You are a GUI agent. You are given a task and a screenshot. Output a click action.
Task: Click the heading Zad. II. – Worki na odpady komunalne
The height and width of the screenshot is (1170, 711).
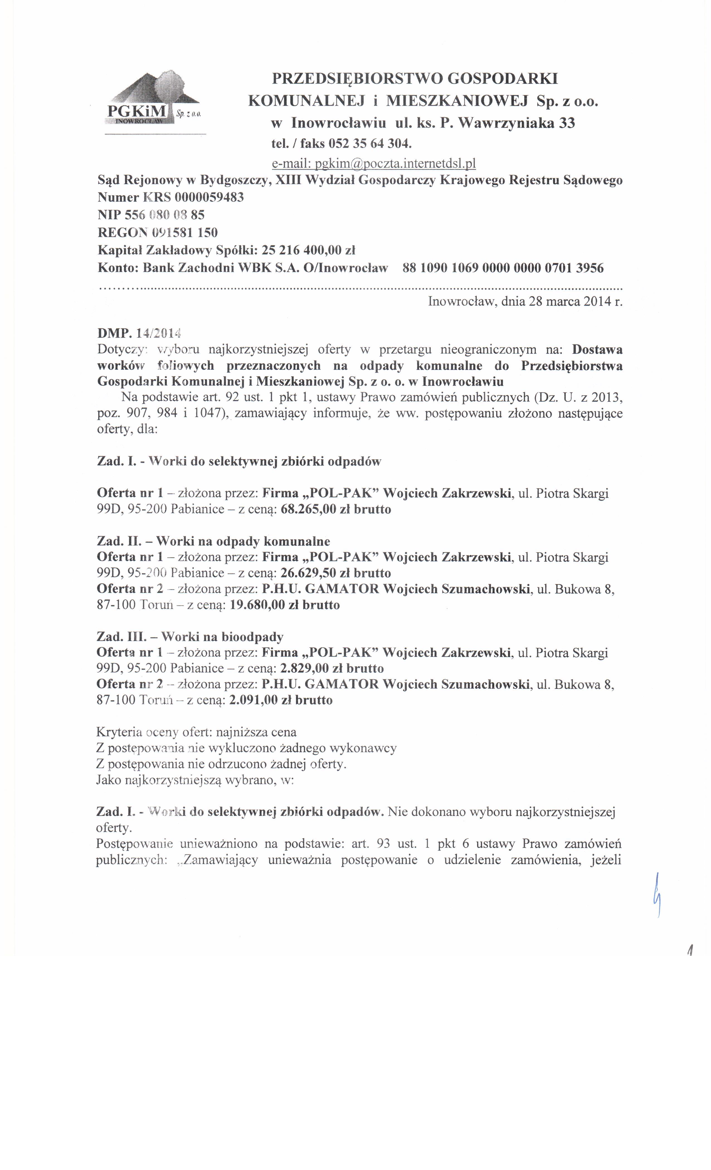(213, 541)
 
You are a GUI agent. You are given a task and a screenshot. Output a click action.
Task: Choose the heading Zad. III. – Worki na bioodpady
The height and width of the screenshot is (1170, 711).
(190, 637)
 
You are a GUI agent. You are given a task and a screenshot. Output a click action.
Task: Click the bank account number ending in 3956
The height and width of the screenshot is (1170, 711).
(503, 268)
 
